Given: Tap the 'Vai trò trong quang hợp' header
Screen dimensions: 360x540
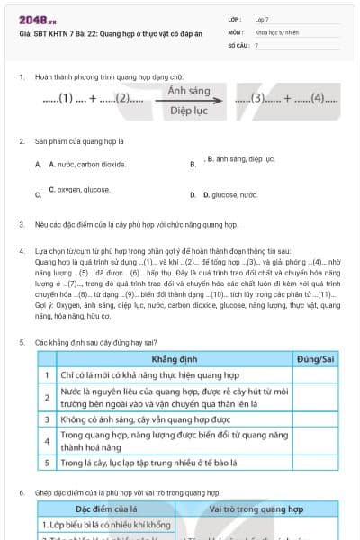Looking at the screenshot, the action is [x=256, y=509].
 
